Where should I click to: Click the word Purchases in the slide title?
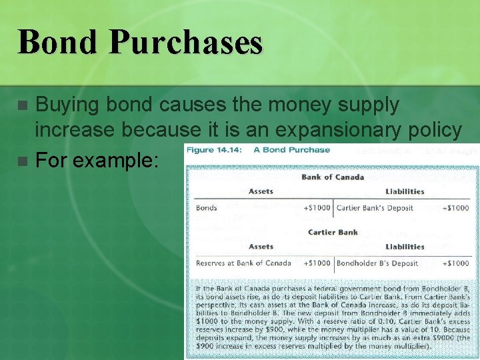pyautogui.click(x=186, y=43)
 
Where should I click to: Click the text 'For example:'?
pyautogui.click(x=97, y=160)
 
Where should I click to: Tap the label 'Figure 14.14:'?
pyautogui.click(x=214, y=150)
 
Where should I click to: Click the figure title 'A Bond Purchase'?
pyautogui.click(x=291, y=150)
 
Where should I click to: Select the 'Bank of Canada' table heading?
pyautogui.click(x=333, y=177)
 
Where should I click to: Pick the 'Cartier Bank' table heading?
pyautogui.click(x=333, y=232)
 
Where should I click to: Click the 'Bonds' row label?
pyautogui.click(x=207, y=207)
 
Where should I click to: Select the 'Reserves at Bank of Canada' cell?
pyautogui.click(x=243, y=263)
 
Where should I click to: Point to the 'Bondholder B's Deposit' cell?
pyautogui.click(x=377, y=263)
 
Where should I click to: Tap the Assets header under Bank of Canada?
pyautogui.click(x=261, y=191)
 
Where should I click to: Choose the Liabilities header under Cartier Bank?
pyautogui.click(x=405, y=247)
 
